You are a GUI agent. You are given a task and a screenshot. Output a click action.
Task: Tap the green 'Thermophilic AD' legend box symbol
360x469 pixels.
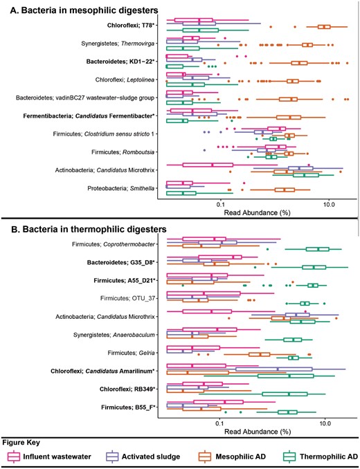pos(285,457)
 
